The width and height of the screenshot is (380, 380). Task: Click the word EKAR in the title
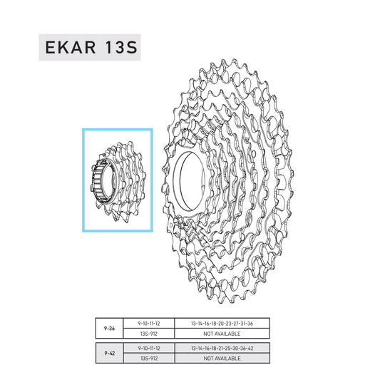point(71,47)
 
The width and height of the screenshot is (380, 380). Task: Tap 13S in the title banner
point(122,47)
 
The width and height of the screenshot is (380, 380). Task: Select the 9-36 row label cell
point(109,329)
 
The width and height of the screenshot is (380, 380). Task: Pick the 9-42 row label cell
point(109,353)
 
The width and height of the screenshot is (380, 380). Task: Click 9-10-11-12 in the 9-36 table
point(149,324)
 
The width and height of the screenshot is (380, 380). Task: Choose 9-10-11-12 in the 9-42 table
point(149,348)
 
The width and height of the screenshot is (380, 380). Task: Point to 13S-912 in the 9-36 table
point(149,334)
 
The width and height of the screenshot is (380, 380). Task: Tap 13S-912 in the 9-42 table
point(149,358)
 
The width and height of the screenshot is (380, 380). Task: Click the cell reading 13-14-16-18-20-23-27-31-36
point(222,324)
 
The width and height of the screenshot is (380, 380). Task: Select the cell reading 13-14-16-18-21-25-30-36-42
point(222,348)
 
